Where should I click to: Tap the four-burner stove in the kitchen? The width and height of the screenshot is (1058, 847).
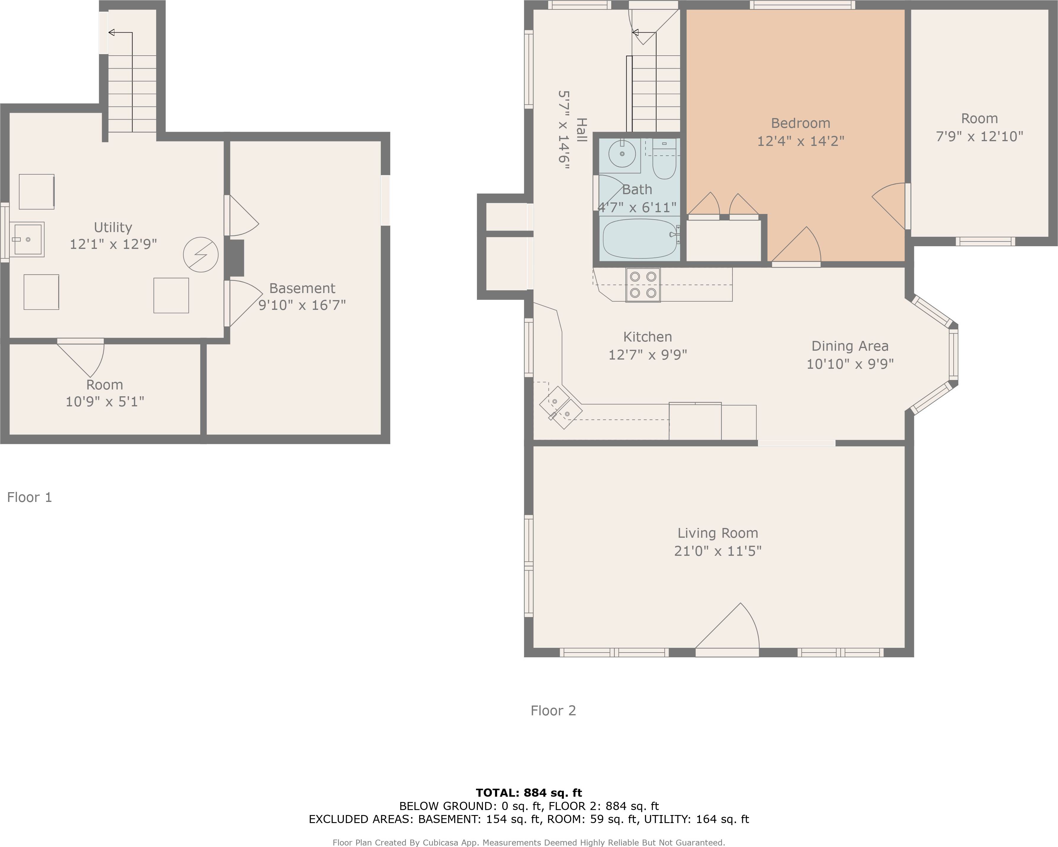643,285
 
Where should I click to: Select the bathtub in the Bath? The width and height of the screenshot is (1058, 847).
639,239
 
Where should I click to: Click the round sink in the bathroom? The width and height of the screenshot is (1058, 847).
622,154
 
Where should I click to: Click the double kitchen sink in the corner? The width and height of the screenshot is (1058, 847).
560,408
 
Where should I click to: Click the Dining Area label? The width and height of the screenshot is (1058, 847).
850,346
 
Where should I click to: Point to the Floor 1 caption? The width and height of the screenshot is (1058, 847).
30,497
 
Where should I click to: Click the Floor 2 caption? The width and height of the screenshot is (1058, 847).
553,711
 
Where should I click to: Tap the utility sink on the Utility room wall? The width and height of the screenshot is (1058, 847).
28,239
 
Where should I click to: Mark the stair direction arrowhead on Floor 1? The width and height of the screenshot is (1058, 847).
112,33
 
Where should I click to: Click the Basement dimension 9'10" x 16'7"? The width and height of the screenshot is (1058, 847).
302,305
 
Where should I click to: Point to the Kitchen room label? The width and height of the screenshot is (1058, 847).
647,337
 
